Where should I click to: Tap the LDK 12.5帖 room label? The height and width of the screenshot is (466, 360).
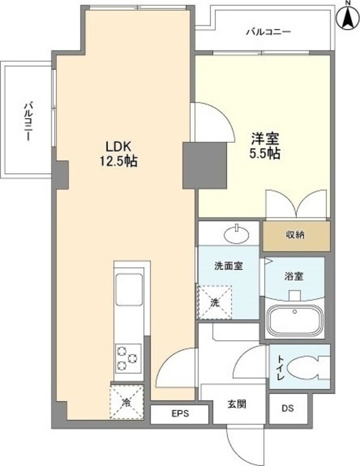click(x=123, y=154)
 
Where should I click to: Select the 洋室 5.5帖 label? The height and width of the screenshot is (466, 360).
click(x=265, y=146)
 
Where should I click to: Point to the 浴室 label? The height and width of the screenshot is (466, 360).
click(x=294, y=276)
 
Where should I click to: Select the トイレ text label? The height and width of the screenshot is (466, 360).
click(x=280, y=365)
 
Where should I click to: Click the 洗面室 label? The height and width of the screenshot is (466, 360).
click(x=228, y=266)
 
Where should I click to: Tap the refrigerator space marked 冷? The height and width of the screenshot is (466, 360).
click(x=127, y=400)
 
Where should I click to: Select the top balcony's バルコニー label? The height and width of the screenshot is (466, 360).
click(x=268, y=32)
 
